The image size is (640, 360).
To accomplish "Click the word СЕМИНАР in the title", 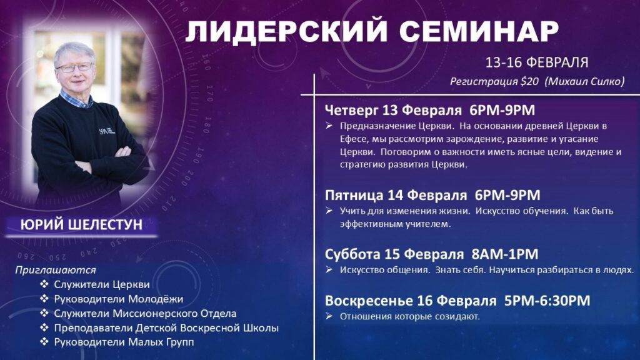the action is pyautogui.click(x=479, y=31).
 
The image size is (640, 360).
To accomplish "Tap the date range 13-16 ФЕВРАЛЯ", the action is pyautogui.click(x=536, y=62).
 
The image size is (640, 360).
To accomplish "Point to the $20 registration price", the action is pyautogui.click(x=529, y=82).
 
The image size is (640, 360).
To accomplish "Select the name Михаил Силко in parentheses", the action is pyautogui.click(x=585, y=82).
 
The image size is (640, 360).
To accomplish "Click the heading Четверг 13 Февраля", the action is pyautogui.click(x=393, y=110).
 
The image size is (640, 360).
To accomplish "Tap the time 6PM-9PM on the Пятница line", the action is pyautogui.click(x=507, y=195).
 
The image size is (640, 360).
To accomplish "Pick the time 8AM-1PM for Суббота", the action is pyautogui.click(x=505, y=254).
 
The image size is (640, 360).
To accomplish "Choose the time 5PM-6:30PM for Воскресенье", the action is pyautogui.click(x=547, y=301).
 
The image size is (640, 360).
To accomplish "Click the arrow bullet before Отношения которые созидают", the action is pyautogui.click(x=329, y=316).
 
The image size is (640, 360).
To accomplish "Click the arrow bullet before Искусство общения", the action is pyautogui.click(x=329, y=269).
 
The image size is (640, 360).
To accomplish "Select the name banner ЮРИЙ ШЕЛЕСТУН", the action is pyautogui.click(x=81, y=225).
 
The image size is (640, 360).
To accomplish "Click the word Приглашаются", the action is pyautogui.click(x=56, y=270).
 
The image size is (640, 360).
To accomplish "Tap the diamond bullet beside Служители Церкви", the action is pyautogui.click(x=44, y=284).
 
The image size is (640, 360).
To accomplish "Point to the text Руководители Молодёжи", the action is pyautogui.click(x=118, y=299).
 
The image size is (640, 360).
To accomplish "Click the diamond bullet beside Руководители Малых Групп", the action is pyautogui.click(x=44, y=341).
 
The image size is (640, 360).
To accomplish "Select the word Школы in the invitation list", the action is pyautogui.click(x=261, y=327).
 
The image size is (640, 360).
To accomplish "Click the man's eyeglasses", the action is pyautogui.click(x=75, y=67).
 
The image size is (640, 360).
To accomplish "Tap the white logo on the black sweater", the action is pyautogui.click(x=106, y=131).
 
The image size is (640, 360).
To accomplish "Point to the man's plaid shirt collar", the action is pyautogui.click(x=76, y=99).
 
